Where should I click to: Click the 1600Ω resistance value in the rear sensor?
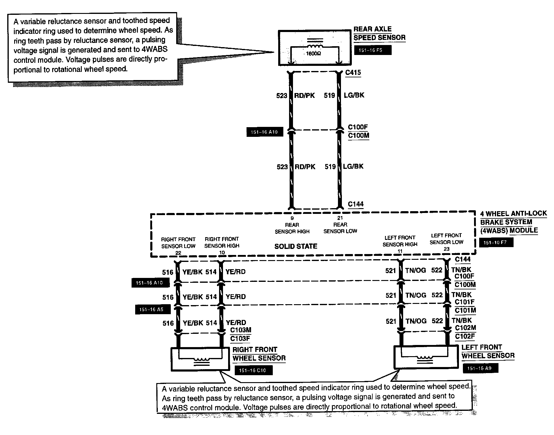pos(314,53)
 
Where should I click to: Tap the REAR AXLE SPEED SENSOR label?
pos(379,34)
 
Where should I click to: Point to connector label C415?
pos(353,72)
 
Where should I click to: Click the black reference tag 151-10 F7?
pos(496,243)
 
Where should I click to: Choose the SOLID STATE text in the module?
pos(296,246)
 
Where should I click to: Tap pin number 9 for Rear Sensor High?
pos(292,218)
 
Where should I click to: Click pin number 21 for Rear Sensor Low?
pos(340,218)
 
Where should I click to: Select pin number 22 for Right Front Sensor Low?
pos(178,253)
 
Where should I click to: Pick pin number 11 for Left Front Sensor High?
pos(400,251)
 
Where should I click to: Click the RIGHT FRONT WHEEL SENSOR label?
pos(259,354)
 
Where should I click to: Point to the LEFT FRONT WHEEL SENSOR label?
pos(488,352)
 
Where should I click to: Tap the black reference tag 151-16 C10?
pos(253,370)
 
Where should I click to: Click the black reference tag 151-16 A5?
pos(153,310)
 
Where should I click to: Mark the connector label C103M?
pos(240,330)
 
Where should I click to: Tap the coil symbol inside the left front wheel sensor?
pos(425,358)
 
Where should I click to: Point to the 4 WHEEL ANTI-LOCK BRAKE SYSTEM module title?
pos(513,222)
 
